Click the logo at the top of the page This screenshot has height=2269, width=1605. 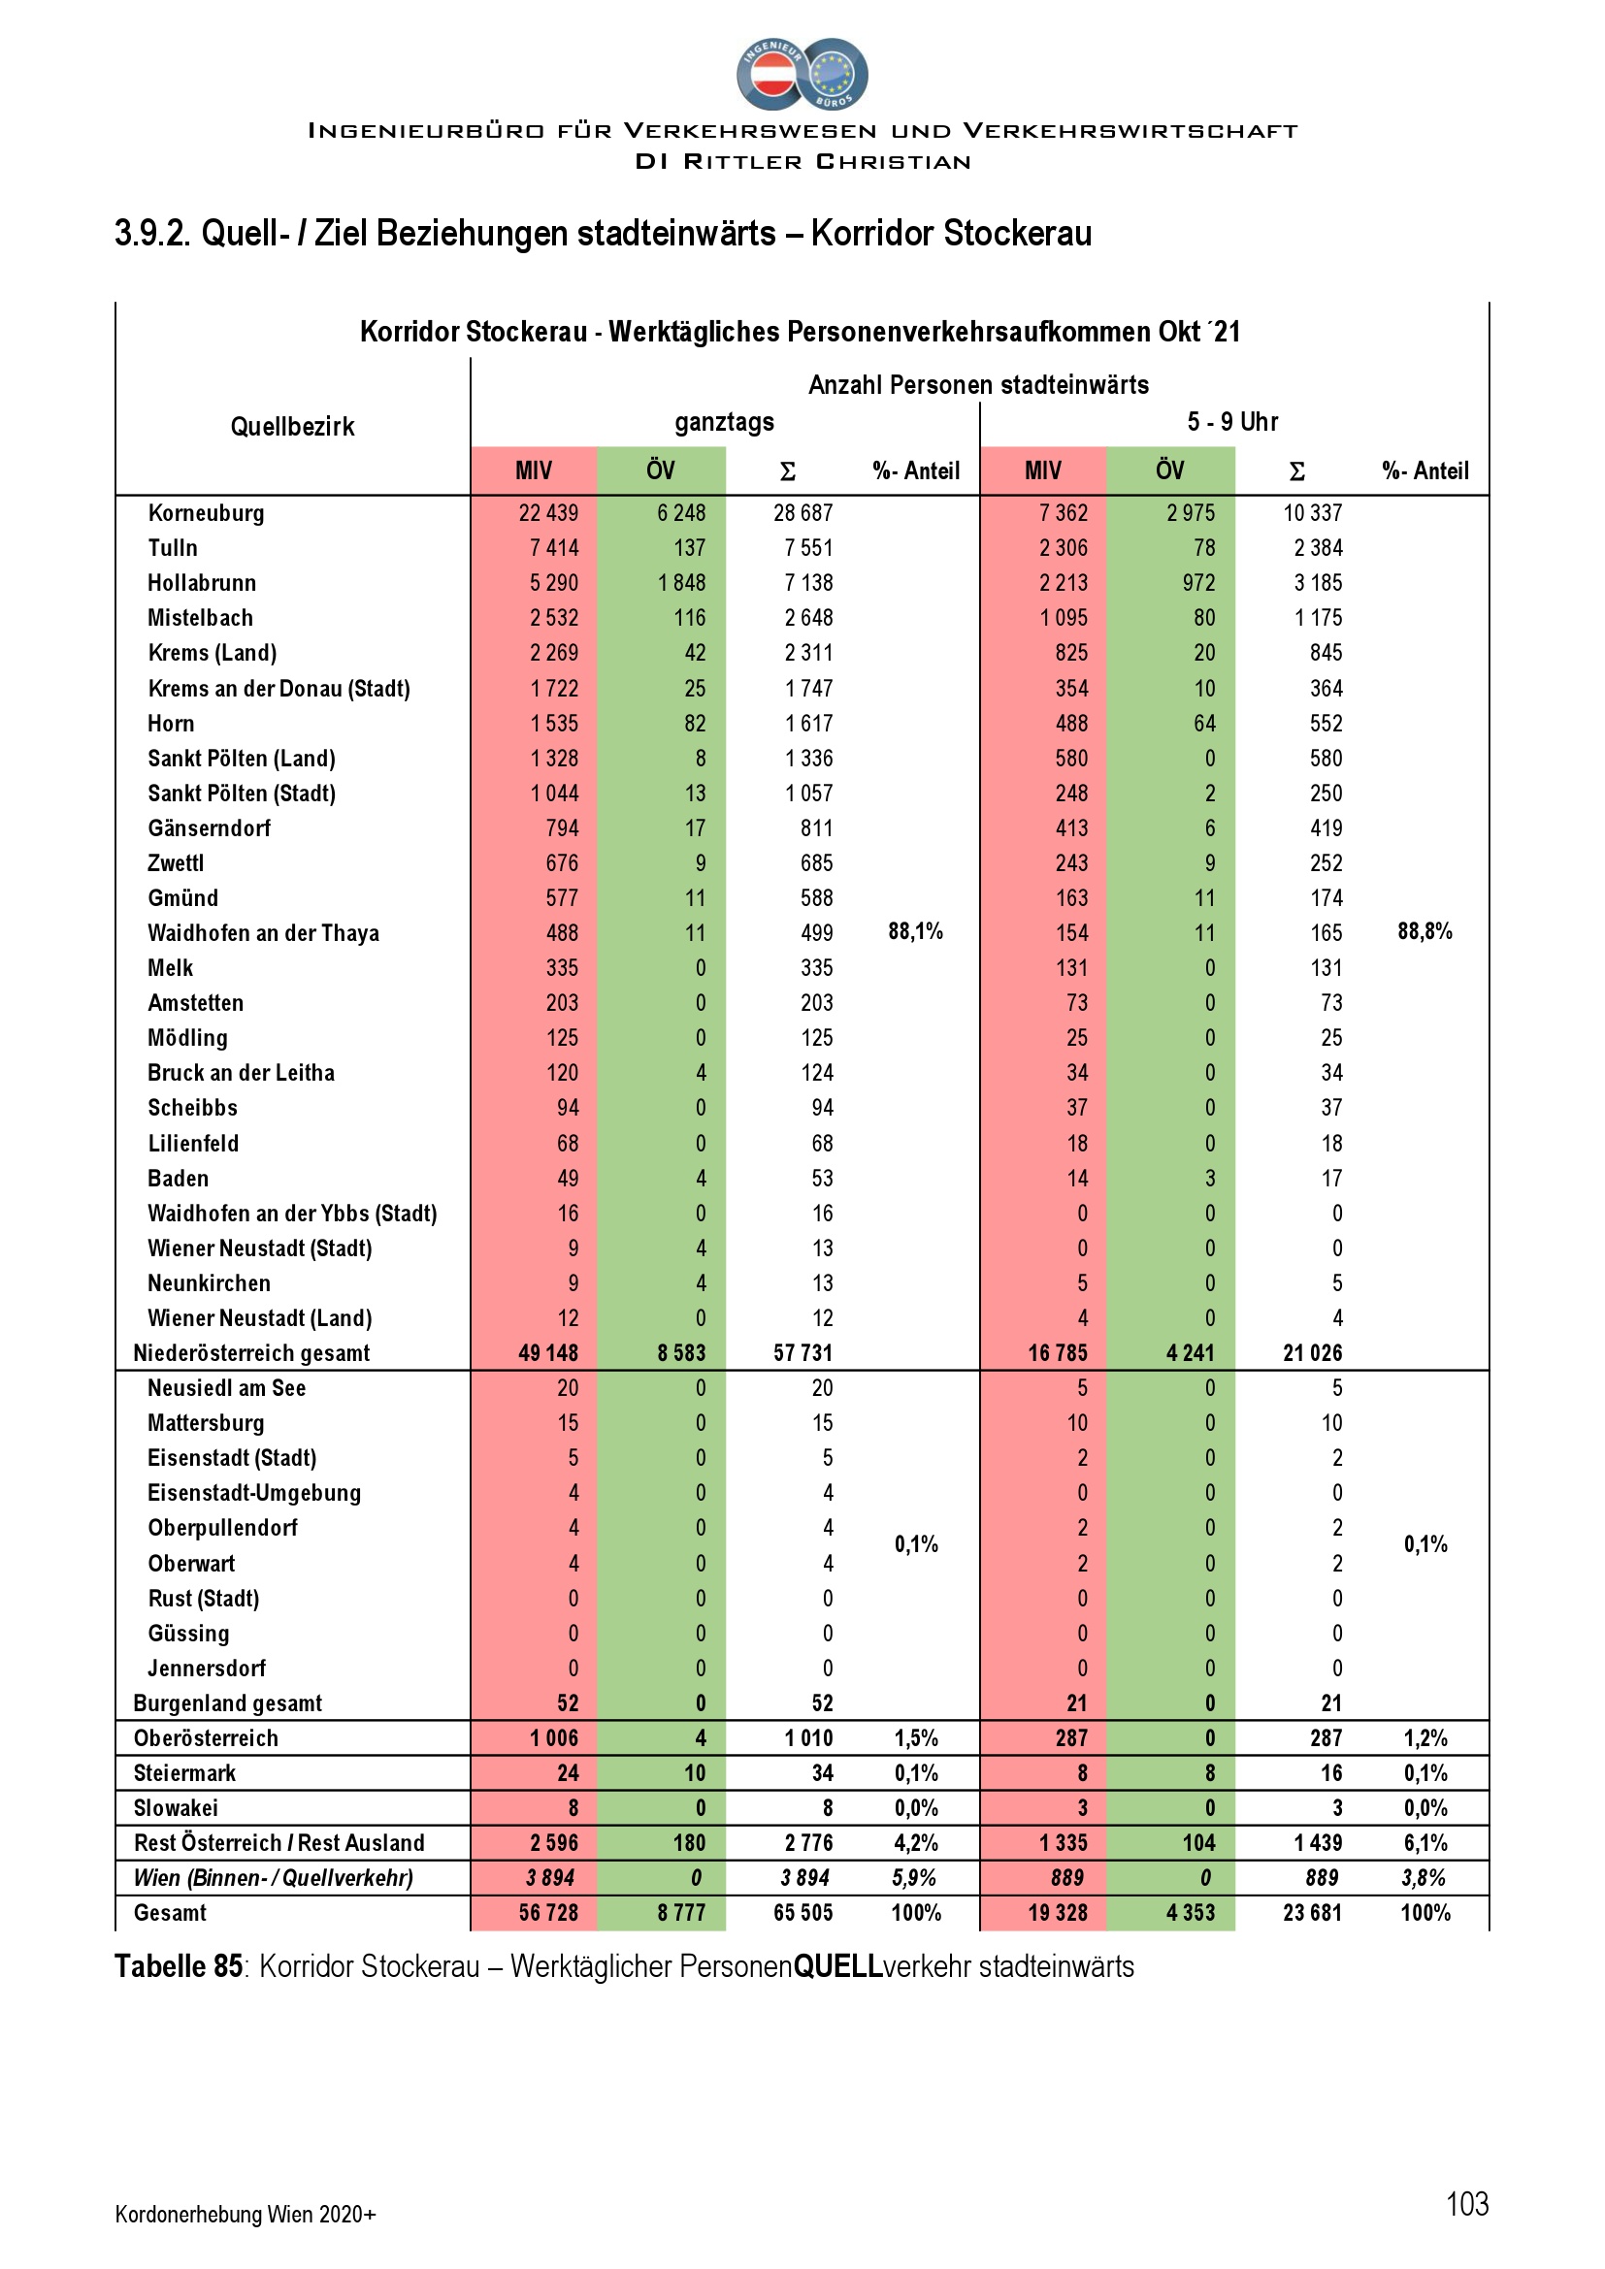pyautogui.click(x=802, y=74)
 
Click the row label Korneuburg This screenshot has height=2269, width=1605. pyautogui.click(x=206, y=513)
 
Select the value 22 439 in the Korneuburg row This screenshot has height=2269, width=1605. pyautogui.click(x=547, y=513)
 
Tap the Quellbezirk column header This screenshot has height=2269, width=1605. pyautogui.click(x=291, y=427)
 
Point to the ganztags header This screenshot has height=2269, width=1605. pyautogui.click(x=725, y=422)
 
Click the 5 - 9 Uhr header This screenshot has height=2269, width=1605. pyautogui.click(x=1232, y=422)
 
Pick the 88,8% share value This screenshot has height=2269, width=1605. pyautogui.click(x=1425, y=931)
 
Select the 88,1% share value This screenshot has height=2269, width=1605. pyautogui.click(x=915, y=931)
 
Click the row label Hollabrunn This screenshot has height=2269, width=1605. pyautogui.click(x=202, y=583)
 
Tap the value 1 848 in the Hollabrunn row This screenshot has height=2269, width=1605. pyautogui.click(x=682, y=583)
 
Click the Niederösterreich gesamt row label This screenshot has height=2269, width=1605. pyautogui.click(x=251, y=1353)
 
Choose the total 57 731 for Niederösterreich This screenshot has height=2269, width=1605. pyautogui.click(x=802, y=1353)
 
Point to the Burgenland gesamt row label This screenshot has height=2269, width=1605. pyautogui.click(x=227, y=1702)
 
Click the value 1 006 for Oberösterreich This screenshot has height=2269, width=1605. pyautogui.click(x=553, y=1738)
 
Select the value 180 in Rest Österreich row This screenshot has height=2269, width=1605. pyautogui.click(x=689, y=1843)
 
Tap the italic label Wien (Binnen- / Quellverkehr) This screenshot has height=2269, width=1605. pyautogui.click(x=273, y=1878)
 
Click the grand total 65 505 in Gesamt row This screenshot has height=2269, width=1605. pyautogui.click(x=802, y=1913)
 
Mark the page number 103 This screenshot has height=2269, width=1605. pyautogui.click(x=1466, y=2204)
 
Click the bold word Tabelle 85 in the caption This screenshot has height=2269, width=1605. pyautogui.click(x=178, y=1966)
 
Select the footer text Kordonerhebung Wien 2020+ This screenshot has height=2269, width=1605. pyautogui.click(x=246, y=2214)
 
